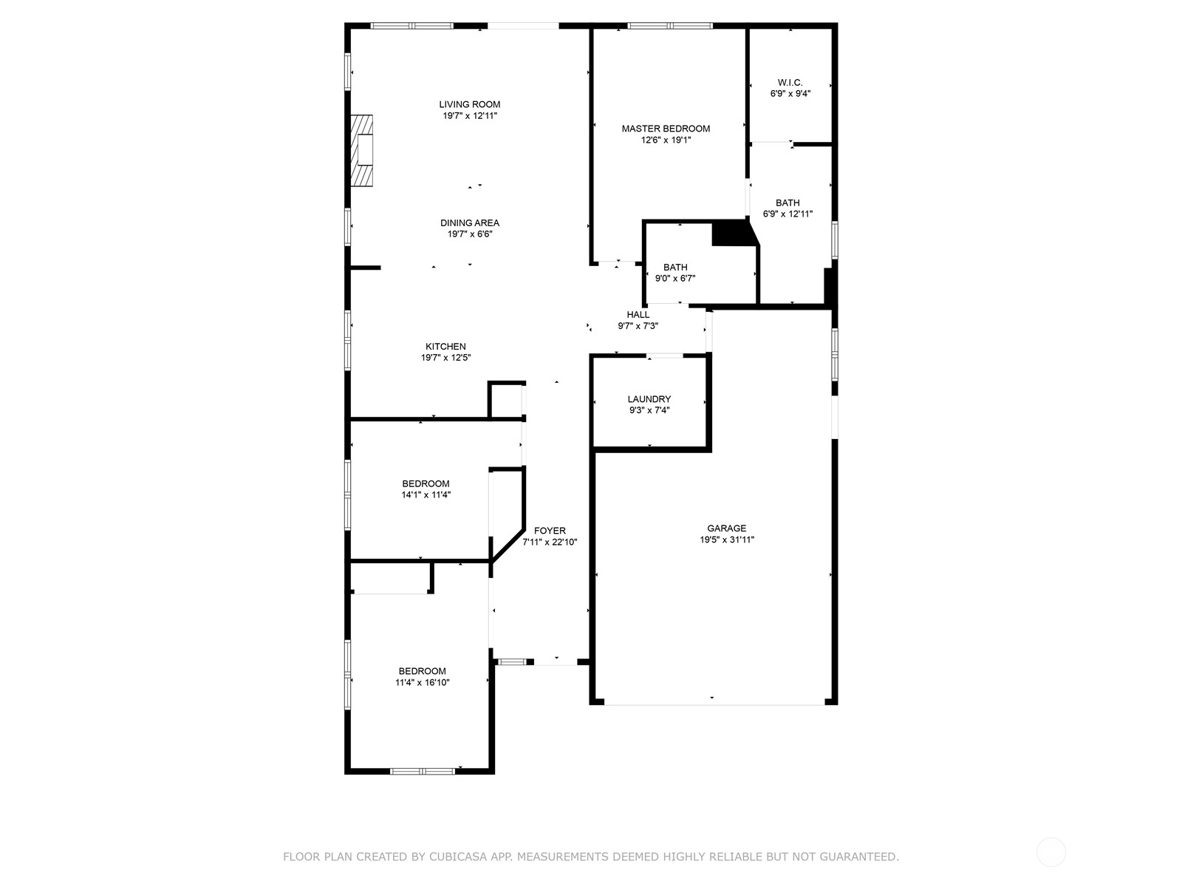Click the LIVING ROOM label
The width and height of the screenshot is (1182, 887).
coord(469,104)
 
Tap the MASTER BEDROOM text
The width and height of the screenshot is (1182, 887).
coord(666,129)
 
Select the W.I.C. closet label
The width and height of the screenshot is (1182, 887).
coord(790,82)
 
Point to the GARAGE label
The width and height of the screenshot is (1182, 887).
coord(726,529)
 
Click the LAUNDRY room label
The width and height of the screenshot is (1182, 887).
coord(649,399)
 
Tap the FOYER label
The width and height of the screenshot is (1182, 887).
coord(550,531)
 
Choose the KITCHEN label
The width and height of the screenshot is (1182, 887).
coord(445,347)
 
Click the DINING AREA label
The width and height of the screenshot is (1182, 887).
coord(470,223)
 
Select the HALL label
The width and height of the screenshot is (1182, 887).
coord(638,315)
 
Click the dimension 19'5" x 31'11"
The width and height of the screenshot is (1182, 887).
coord(726,540)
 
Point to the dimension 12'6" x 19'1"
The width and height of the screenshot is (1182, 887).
coord(666,140)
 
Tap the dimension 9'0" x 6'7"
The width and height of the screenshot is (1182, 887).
coord(674,279)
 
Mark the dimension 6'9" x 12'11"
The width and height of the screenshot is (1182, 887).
coord(788,214)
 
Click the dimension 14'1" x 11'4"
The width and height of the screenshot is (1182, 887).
coord(426,495)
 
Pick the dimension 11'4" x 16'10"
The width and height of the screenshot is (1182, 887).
coord(422,682)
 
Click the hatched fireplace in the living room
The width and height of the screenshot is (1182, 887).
coord(362,150)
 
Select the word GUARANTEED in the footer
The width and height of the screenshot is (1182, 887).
coord(859,857)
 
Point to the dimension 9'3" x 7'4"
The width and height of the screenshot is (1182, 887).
coord(649,410)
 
